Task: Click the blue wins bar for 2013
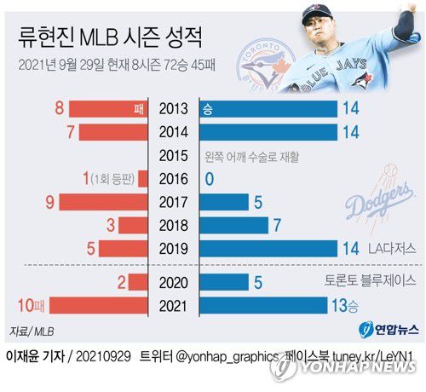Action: (268, 109)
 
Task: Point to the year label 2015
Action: (175, 156)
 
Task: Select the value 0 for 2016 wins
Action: (208, 180)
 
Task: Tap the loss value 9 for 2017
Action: (51, 203)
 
